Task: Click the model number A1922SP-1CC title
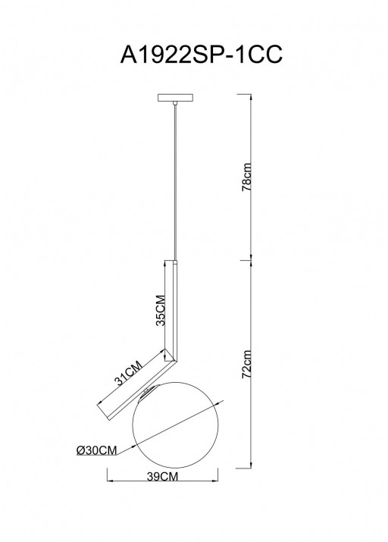(202, 55)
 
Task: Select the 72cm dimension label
(247, 365)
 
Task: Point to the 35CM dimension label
(161, 310)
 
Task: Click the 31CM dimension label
(128, 373)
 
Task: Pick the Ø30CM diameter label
(96, 450)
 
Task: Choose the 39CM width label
(162, 477)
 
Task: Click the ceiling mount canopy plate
(175, 98)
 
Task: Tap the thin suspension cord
(176, 182)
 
